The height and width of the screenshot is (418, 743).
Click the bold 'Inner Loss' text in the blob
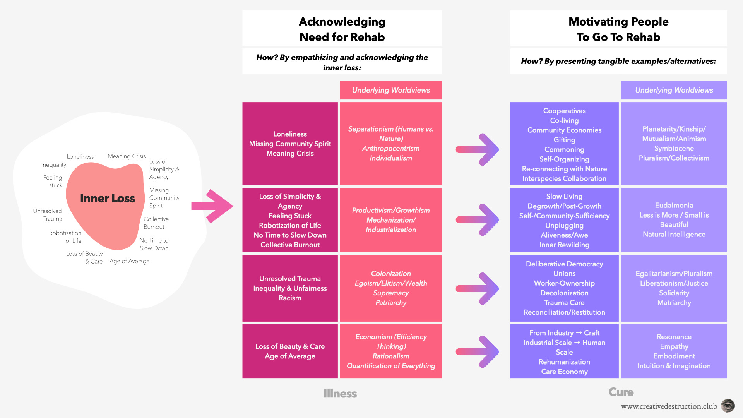click(107, 198)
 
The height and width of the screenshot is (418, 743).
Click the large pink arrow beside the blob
click(212, 206)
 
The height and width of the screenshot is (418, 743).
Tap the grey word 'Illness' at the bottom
click(340, 394)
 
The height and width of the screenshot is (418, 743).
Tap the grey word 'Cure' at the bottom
click(621, 392)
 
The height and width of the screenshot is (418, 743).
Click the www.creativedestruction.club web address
click(669, 406)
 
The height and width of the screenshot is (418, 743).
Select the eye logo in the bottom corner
click(728, 406)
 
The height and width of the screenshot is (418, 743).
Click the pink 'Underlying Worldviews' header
click(391, 90)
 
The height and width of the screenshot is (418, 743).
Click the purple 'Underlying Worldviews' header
click(674, 90)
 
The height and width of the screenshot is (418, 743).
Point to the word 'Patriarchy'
click(391, 303)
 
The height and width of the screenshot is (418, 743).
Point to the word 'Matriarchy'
click(674, 303)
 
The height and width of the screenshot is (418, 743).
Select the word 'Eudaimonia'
click(674, 205)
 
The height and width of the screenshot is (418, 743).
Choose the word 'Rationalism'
click(391, 356)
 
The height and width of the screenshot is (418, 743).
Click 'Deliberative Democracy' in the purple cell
click(564, 264)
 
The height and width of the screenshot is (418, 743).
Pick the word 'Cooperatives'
click(564, 111)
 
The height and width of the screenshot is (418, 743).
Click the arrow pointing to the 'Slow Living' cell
click(478, 220)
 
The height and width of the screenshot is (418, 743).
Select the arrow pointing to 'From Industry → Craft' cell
click(478, 351)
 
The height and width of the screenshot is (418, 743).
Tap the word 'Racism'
click(290, 298)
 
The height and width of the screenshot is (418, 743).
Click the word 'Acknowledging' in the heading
click(342, 22)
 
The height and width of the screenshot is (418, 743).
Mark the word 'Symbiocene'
click(674, 148)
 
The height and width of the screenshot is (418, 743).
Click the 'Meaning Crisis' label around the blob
click(127, 156)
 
